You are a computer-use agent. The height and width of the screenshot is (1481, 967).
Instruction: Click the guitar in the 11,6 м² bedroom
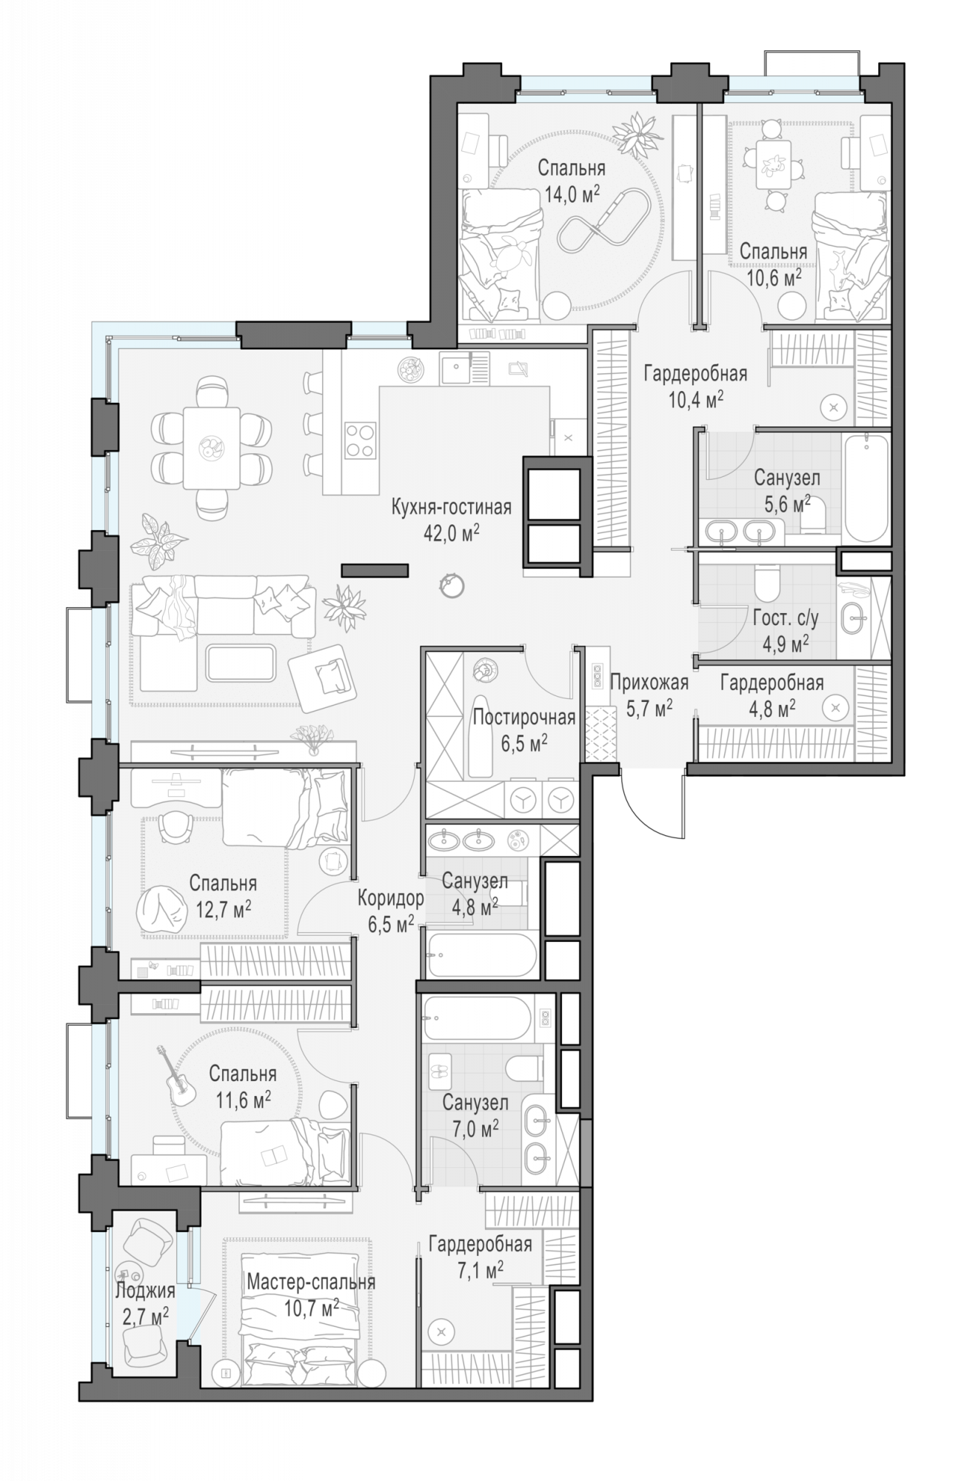175,1077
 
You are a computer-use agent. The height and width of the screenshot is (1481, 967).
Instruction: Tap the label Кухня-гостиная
451,507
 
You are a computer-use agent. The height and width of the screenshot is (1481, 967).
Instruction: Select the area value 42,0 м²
451,533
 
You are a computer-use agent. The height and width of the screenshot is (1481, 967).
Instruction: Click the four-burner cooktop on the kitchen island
361,441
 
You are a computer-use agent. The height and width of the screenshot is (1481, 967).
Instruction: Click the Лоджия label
145,1291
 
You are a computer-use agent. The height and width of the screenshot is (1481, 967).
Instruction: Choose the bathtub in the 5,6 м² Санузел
866,488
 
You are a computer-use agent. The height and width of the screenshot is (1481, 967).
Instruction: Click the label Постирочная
523,717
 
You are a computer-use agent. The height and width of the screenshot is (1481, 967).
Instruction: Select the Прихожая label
649,682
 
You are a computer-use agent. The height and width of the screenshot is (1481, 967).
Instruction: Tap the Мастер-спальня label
311,1282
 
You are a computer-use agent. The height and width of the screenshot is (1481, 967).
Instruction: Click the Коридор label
390,898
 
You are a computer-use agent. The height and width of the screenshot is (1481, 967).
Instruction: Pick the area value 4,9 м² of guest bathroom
785,644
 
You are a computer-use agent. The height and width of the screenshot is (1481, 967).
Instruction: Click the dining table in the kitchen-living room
212,448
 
